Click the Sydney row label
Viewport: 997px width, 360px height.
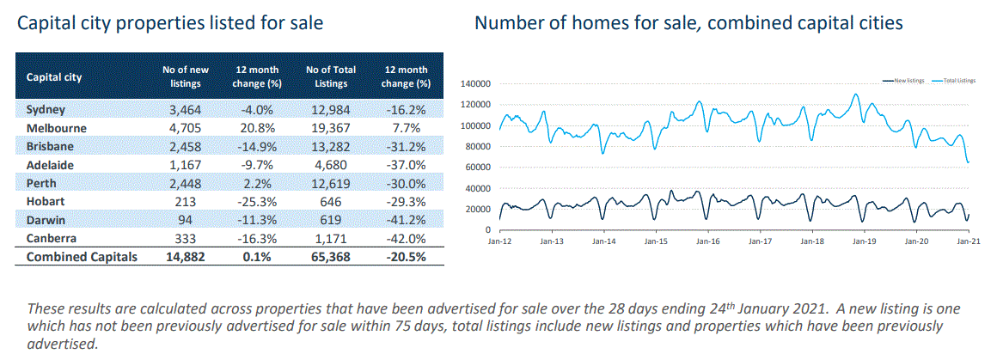point(46,110)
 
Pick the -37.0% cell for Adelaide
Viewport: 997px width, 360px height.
point(406,165)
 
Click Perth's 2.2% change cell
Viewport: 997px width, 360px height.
point(258,183)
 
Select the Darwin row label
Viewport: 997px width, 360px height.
point(45,220)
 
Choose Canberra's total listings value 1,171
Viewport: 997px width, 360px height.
point(331,238)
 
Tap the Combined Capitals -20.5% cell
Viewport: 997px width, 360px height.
point(406,256)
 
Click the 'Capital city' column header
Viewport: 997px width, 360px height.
point(54,76)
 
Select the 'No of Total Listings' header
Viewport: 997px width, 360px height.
point(331,76)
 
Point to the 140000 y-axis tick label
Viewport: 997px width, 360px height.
point(474,84)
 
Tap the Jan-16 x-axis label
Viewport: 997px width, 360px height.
point(707,242)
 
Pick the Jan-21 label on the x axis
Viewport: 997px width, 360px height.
point(969,242)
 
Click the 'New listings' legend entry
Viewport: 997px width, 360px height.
point(908,80)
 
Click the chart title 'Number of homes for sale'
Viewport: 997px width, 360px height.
point(688,23)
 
